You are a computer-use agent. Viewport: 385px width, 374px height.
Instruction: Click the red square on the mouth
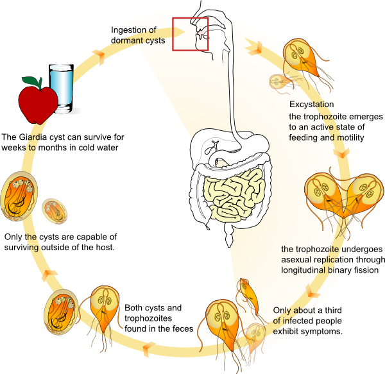tap(190, 34)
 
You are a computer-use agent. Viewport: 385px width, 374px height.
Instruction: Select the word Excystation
tap(311, 105)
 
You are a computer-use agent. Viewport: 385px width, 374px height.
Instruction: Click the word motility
tap(350, 137)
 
